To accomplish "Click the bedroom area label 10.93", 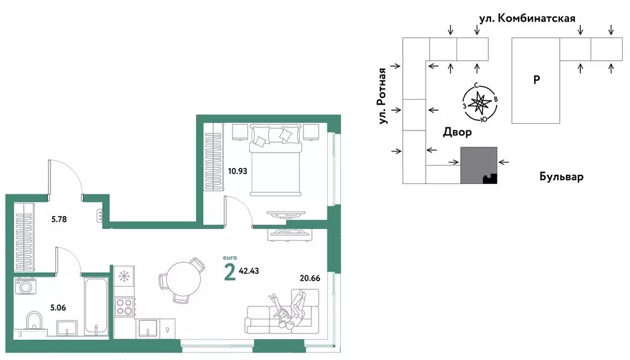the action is (x=237, y=171).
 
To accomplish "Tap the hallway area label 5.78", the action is (x=58, y=219).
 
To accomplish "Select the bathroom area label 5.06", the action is (x=58, y=308).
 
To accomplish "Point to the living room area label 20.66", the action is (x=310, y=278).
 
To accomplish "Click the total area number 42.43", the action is (x=249, y=271).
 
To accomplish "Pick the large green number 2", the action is (x=229, y=272).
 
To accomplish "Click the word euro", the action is (x=230, y=258).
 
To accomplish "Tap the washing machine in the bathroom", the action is (x=25, y=287).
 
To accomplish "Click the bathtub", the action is (x=97, y=306).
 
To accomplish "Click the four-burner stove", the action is (x=124, y=306).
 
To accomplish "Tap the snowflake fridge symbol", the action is (x=124, y=276).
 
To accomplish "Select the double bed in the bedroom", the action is (x=276, y=160).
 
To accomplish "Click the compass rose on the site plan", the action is (x=480, y=103).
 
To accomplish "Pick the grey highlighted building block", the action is (x=479, y=165).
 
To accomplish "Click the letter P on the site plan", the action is (x=536, y=80).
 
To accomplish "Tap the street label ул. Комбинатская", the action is (x=527, y=18).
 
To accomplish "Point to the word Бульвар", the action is (x=561, y=177).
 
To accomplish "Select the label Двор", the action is (x=457, y=132).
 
